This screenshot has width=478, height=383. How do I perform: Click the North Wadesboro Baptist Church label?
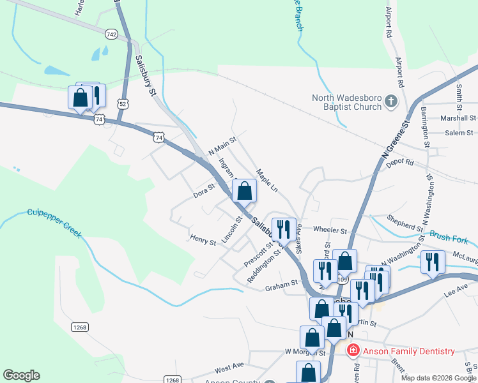[x=346, y=102]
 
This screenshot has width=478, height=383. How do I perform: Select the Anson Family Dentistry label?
[x=408, y=351]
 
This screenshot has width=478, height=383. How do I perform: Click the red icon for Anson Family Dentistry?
[x=352, y=350]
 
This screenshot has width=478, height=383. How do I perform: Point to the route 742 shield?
[x=112, y=34]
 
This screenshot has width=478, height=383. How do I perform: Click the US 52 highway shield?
[x=122, y=102]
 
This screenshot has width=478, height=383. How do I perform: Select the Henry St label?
[x=203, y=240]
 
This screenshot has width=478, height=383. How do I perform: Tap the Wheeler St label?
[x=330, y=230]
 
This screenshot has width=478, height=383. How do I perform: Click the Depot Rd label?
[x=400, y=163]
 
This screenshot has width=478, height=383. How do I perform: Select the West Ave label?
[x=229, y=368]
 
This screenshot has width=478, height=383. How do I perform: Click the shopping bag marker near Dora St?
[x=244, y=190]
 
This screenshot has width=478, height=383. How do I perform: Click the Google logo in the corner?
[x=21, y=375]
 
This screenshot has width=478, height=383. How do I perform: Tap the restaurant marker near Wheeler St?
[x=282, y=229]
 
